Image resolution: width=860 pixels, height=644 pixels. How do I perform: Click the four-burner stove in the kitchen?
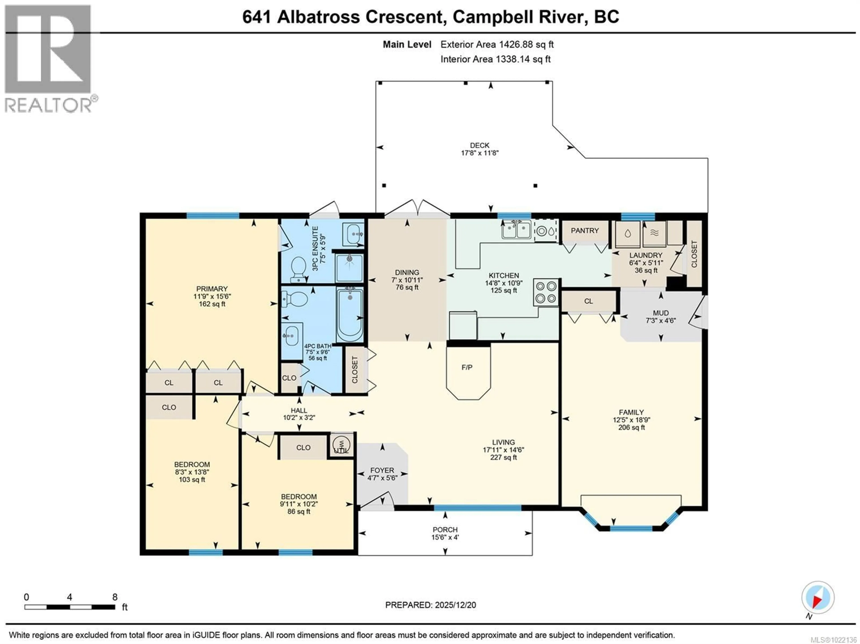click(x=546, y=293)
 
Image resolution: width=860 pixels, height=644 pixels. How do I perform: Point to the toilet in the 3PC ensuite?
click(x=299, y=268)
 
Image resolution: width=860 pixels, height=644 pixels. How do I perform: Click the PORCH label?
click(x=445, y=530)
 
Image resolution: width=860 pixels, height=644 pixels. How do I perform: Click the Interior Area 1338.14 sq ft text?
click(x=495, y=59)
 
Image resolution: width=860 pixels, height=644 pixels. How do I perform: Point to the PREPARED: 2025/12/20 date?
click(x=430, y=605)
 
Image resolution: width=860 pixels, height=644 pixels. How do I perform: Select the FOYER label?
click(x=382, y=470)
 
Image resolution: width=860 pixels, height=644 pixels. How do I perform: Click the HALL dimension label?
click(x=299, y=418)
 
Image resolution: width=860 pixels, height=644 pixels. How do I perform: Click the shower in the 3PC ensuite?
click(x=350, y=267)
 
